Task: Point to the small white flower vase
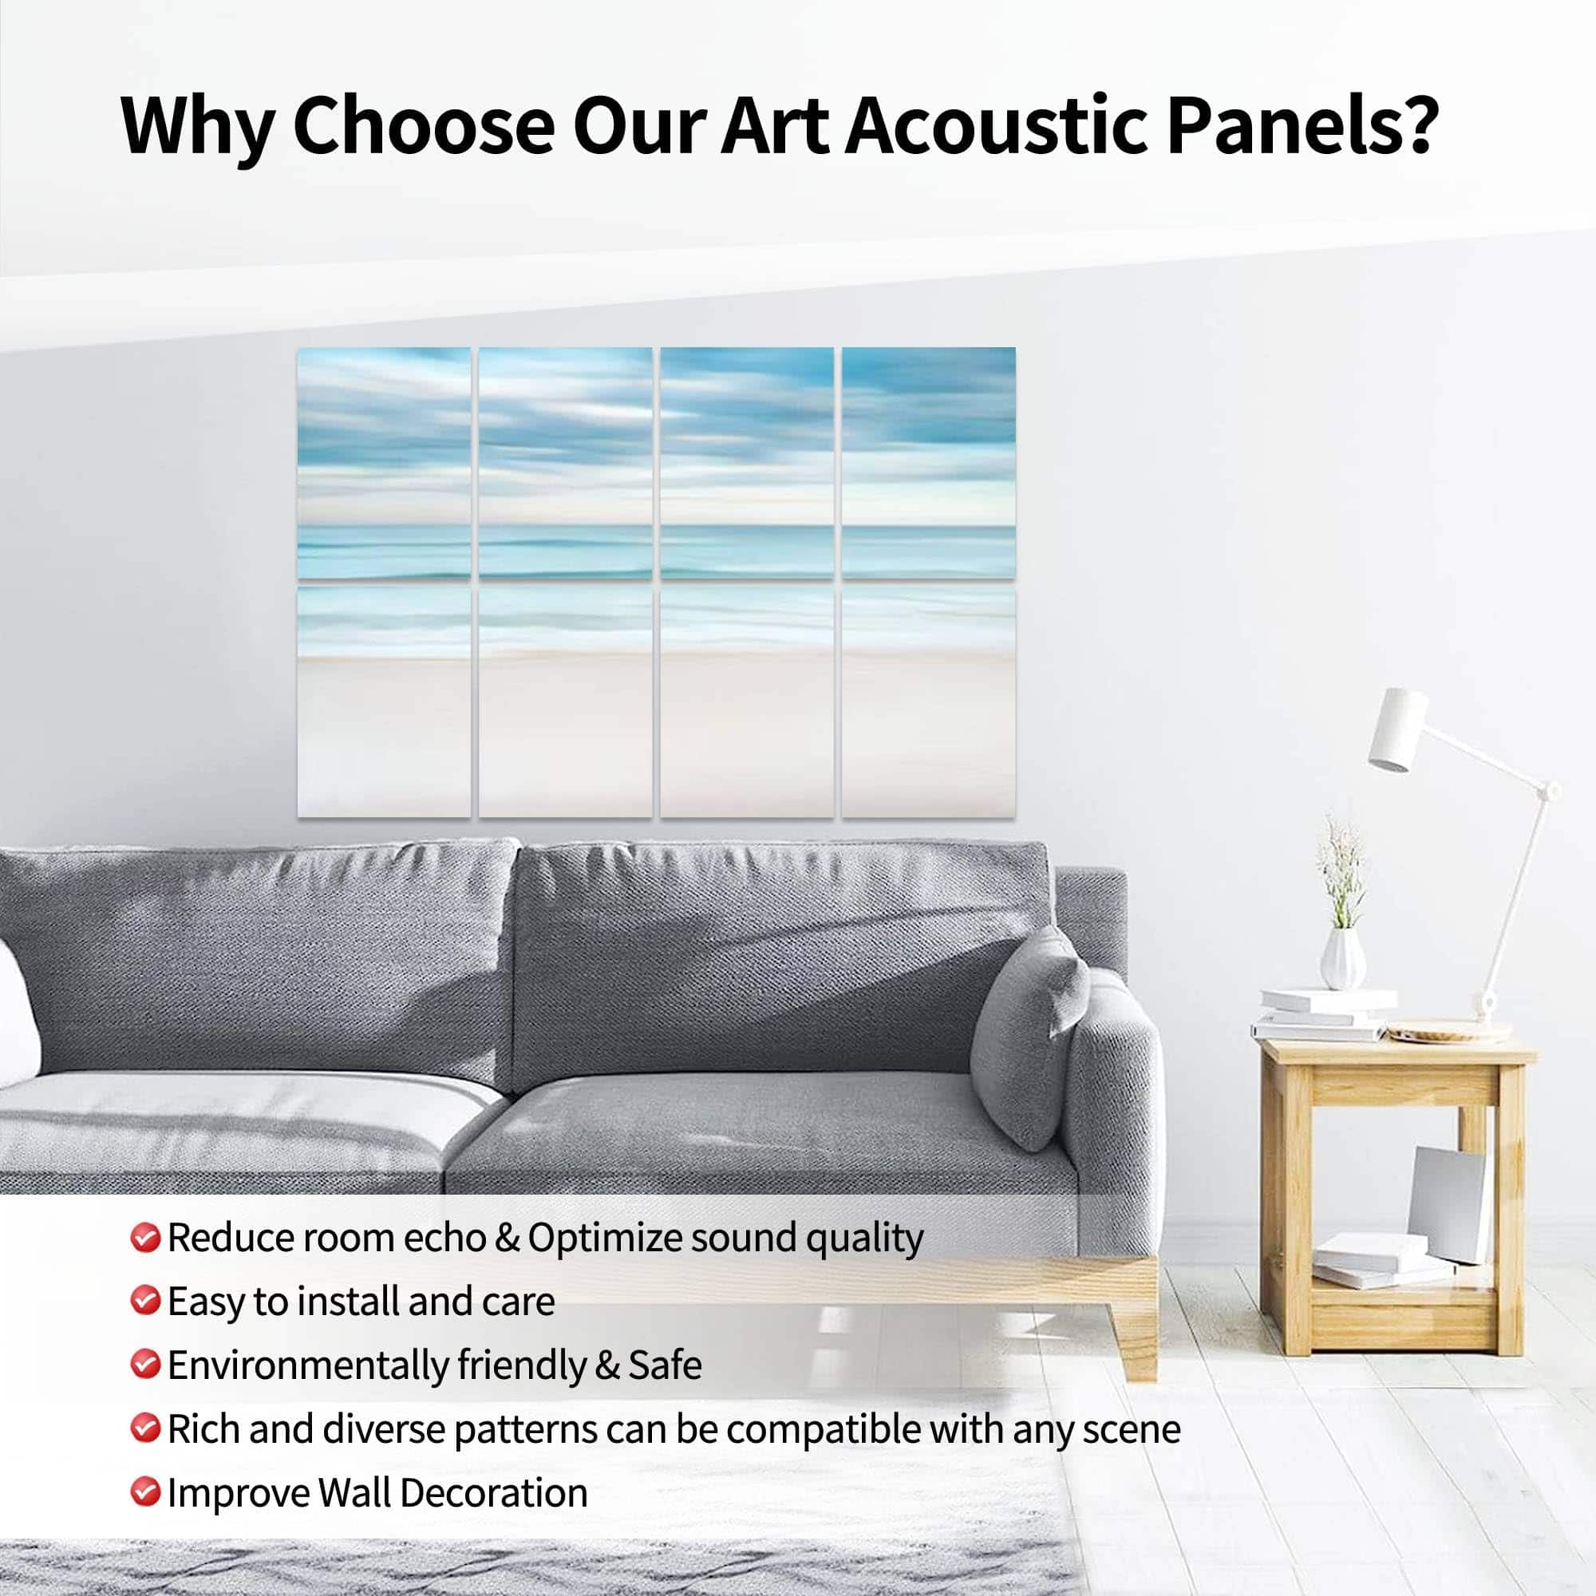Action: tap(1341, 958)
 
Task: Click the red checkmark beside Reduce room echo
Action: tap(144, 1238)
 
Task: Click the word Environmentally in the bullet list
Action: tap(307, 1365)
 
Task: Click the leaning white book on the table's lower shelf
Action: tap(1445, 1204)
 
